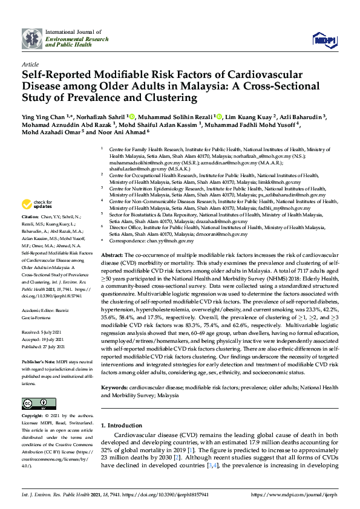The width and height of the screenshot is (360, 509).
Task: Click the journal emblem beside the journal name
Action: (x=32, y=39)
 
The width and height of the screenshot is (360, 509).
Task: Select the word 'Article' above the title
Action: (x=30, y=63)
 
